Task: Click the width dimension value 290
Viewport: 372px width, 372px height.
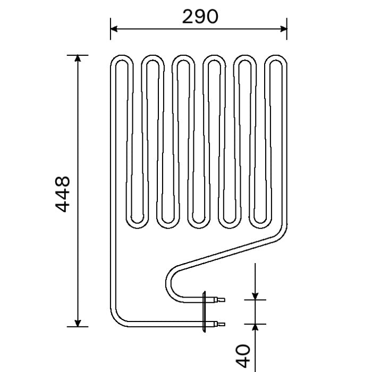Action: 200,17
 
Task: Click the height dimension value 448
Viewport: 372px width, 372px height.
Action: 63,195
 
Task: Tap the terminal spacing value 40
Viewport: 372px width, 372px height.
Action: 242,355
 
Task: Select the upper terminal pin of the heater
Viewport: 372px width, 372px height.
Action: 218,300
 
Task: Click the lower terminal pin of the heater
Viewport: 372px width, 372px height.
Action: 218,323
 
